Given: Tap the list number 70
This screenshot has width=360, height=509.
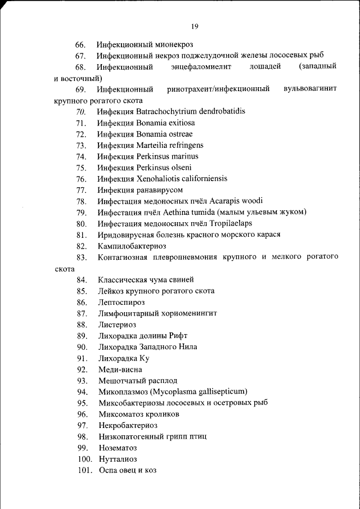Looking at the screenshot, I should (x=80, y=111).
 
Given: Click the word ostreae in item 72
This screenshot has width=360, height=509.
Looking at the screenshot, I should (x=179, y=134).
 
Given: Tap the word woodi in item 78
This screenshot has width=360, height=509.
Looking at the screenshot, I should (x=251, y=201).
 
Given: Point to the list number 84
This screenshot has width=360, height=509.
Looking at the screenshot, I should (x=82, y=280).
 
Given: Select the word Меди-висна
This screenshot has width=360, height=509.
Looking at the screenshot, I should (x=120, y=370).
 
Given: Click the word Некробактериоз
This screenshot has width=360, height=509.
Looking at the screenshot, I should (x=128, y=426).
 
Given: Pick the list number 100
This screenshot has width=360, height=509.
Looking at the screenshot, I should (x=84, y=460).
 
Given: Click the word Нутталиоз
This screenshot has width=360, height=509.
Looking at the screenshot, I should (x=117, y=460).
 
